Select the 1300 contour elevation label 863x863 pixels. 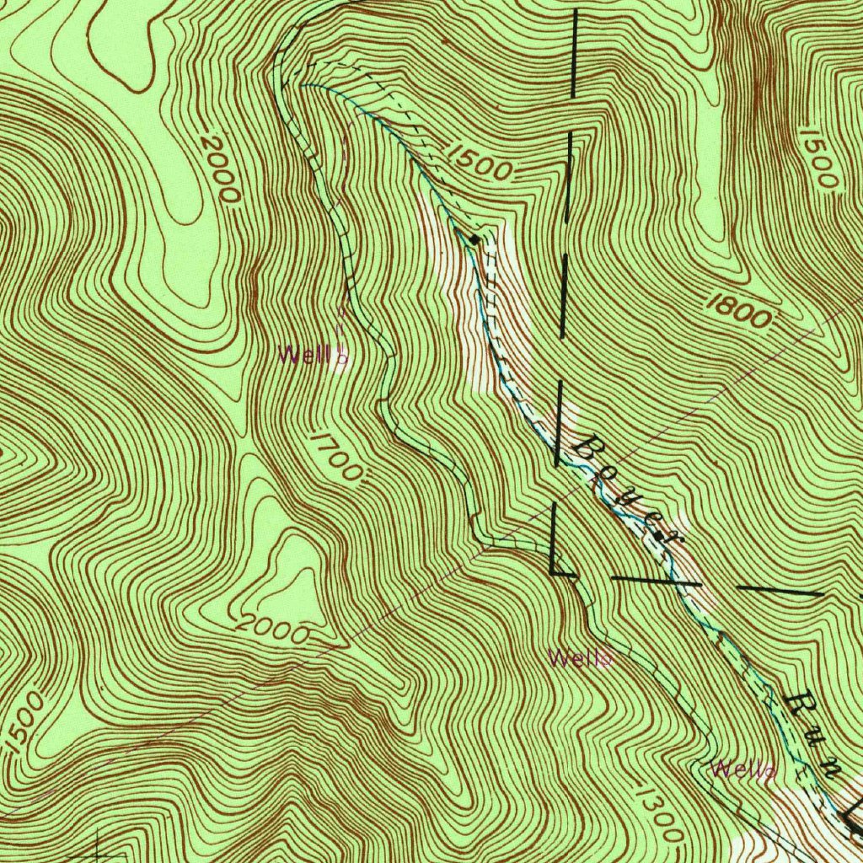coord(655,812)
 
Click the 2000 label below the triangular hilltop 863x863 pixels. coord(272,629)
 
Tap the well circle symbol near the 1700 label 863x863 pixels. coord(342,357)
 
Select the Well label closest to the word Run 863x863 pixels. coord(734,769)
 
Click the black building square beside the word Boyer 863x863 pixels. coord(658,533)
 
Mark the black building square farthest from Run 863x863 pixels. coord(474,240)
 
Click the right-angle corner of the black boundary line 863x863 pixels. coord(552,571)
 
